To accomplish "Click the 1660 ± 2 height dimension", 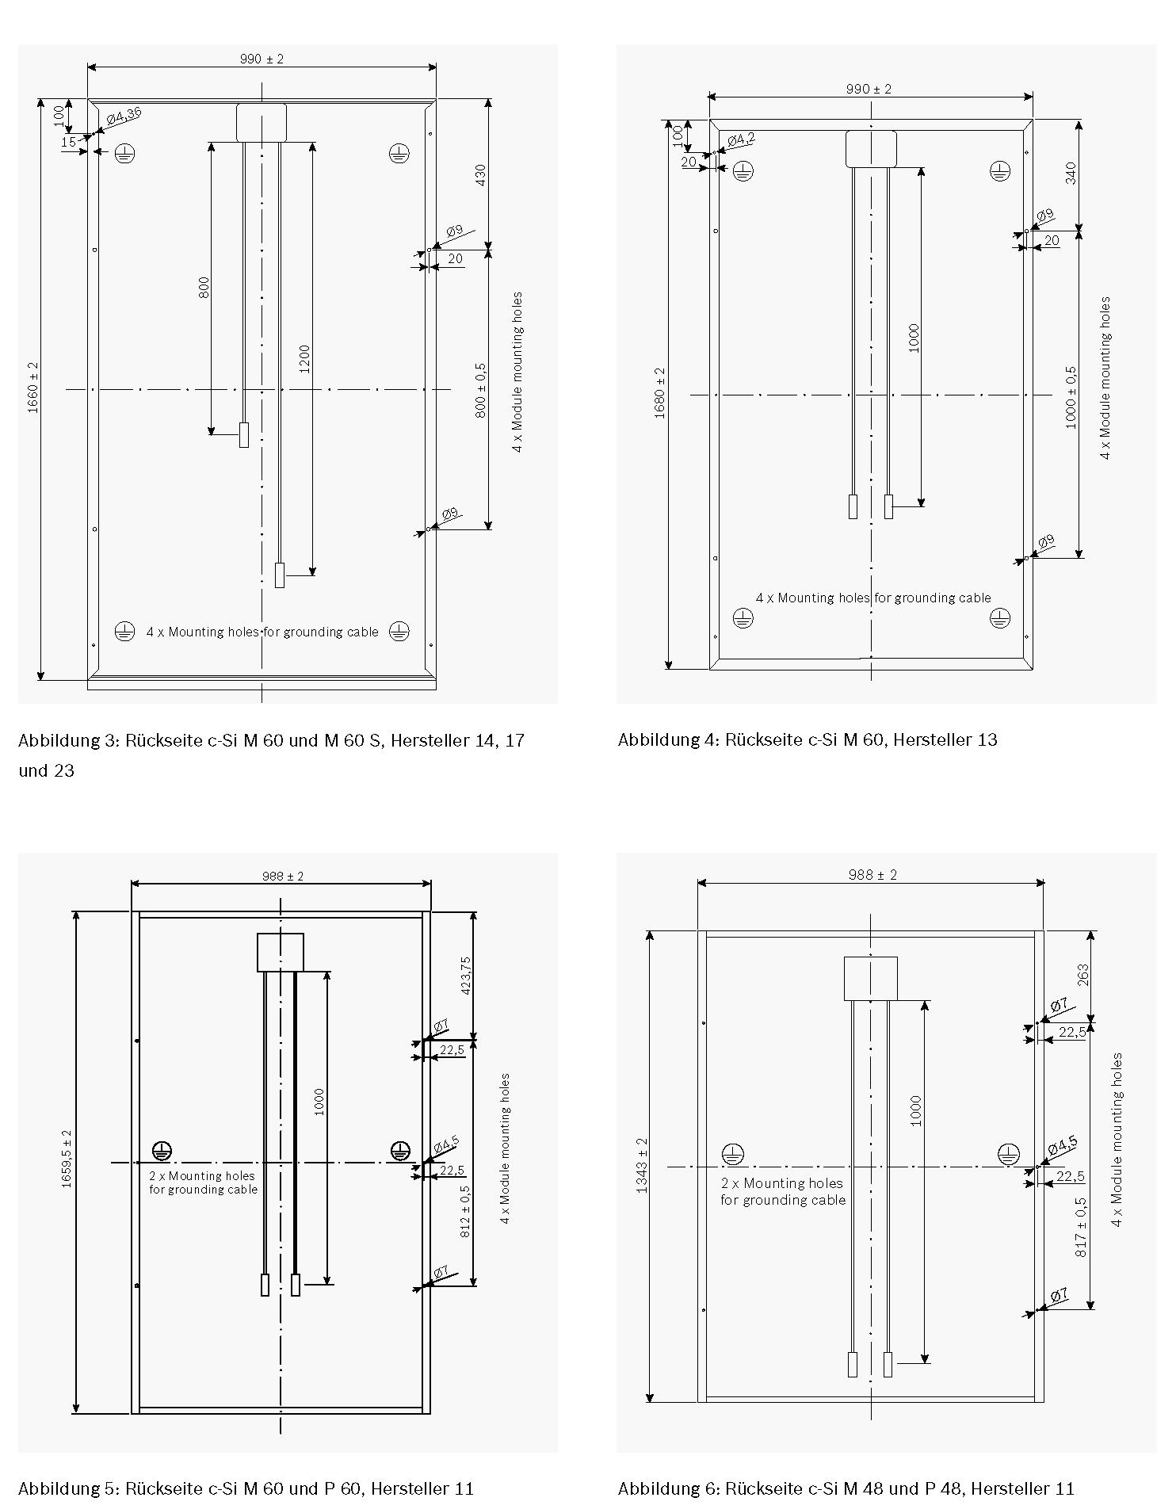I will [33, 388].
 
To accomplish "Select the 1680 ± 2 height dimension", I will [661, 393].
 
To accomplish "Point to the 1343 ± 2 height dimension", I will [642, 1166].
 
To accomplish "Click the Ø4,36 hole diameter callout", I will [124, 116].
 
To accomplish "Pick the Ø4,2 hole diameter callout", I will [741, 139].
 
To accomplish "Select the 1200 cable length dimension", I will [305, 359].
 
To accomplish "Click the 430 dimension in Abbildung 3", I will [480, 175].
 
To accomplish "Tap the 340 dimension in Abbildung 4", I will [1071, 174].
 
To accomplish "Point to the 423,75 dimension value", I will [465, 976].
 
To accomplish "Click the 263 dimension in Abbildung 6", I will [1083, 975].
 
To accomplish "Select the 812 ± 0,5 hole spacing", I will [465, 1212].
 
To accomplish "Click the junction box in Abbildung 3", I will [262, 123].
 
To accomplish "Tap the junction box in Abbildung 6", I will [870, 978].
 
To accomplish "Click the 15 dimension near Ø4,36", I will [69, 142].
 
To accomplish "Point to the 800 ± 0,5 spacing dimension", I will [481, 391].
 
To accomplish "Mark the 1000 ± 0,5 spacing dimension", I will [1071, 397].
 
